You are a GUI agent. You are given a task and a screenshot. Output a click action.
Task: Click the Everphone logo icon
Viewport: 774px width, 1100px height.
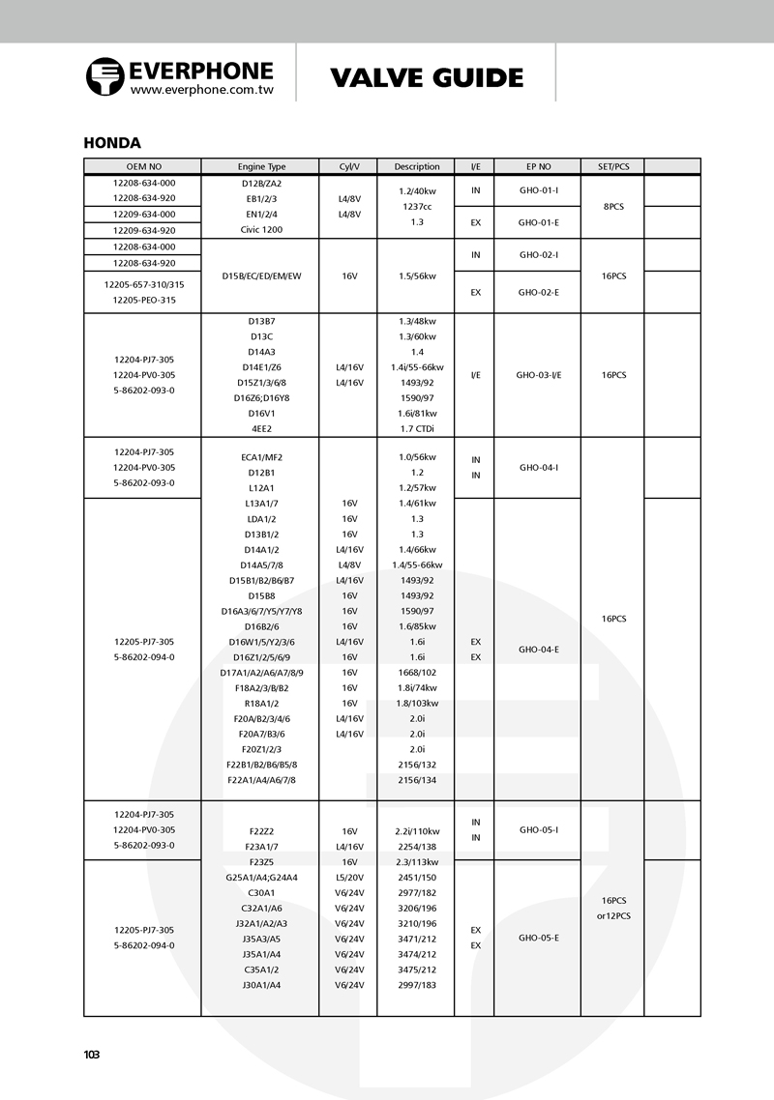tap(104, 76)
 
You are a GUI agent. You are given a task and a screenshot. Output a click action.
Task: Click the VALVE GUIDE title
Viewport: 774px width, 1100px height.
tap(427, 77)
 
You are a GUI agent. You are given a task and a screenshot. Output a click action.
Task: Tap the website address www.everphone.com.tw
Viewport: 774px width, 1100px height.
tap(202, 89)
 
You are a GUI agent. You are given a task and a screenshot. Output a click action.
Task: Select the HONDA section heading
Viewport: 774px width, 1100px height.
tap(112, 143)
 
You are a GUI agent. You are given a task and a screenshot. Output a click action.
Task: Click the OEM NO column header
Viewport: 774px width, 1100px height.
tap(143, 166)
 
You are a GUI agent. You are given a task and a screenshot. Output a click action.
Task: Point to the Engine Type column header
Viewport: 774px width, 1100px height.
tap(261, 166)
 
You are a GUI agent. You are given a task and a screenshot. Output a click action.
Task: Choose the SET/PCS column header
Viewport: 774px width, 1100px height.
tap(613, 166)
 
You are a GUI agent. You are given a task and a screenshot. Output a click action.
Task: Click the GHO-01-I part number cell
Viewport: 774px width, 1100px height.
tap(538, 190)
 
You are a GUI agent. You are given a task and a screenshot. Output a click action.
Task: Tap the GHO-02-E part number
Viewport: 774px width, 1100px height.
tap(538, 292)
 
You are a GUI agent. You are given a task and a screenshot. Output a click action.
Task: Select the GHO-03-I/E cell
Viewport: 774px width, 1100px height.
tap(538, 374)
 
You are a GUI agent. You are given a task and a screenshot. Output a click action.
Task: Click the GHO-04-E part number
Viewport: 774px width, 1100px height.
tap(538, 650)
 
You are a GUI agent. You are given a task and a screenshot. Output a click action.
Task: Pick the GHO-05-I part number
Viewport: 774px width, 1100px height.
tap(538, 829)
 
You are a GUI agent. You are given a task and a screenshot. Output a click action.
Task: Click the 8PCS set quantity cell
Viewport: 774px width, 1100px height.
tap(613, 206)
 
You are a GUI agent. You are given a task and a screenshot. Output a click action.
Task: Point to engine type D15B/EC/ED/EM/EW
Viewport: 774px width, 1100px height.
tap(261, 276)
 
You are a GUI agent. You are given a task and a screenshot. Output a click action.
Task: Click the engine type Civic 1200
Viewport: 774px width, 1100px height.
tap(261, 230)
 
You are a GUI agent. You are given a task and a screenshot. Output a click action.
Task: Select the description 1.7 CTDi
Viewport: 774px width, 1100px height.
tap(417, 428)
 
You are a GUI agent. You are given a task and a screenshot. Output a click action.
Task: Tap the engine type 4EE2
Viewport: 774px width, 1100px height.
tap(261, 428)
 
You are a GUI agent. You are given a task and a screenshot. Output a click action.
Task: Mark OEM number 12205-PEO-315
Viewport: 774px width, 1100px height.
tap(143, 300)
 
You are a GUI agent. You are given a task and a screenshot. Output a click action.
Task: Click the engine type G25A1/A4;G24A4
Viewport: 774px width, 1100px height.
tap(261, 877)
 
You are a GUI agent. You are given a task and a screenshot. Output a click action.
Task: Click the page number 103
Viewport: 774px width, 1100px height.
tap(92, 1055)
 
